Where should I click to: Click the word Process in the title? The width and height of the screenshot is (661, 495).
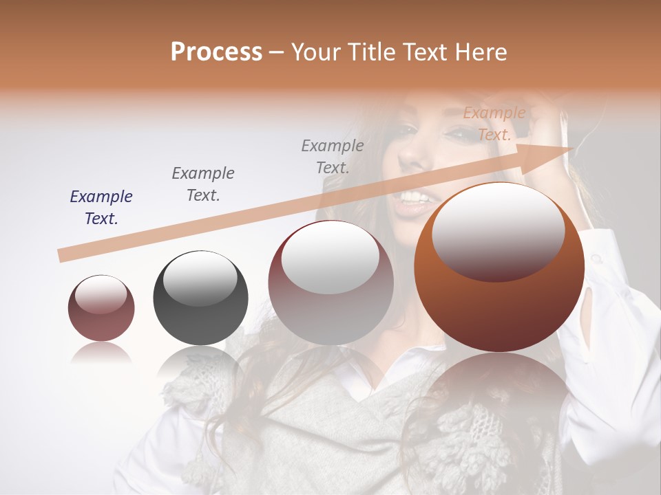click(216, 52)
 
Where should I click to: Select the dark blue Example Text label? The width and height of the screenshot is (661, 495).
click(101, 208)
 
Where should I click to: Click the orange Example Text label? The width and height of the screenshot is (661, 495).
click(494, 124)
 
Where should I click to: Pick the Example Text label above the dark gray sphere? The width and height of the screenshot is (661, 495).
click(203, 184)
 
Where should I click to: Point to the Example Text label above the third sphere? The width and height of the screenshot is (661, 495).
click(333, 156)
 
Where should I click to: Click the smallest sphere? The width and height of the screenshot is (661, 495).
click(101, 309)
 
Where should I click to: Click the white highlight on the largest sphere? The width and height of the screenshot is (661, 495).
click(498, 230)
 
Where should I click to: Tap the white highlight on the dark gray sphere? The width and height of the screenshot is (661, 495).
click(200, 278)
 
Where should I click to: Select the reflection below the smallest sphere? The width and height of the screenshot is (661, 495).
click(101, 353)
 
